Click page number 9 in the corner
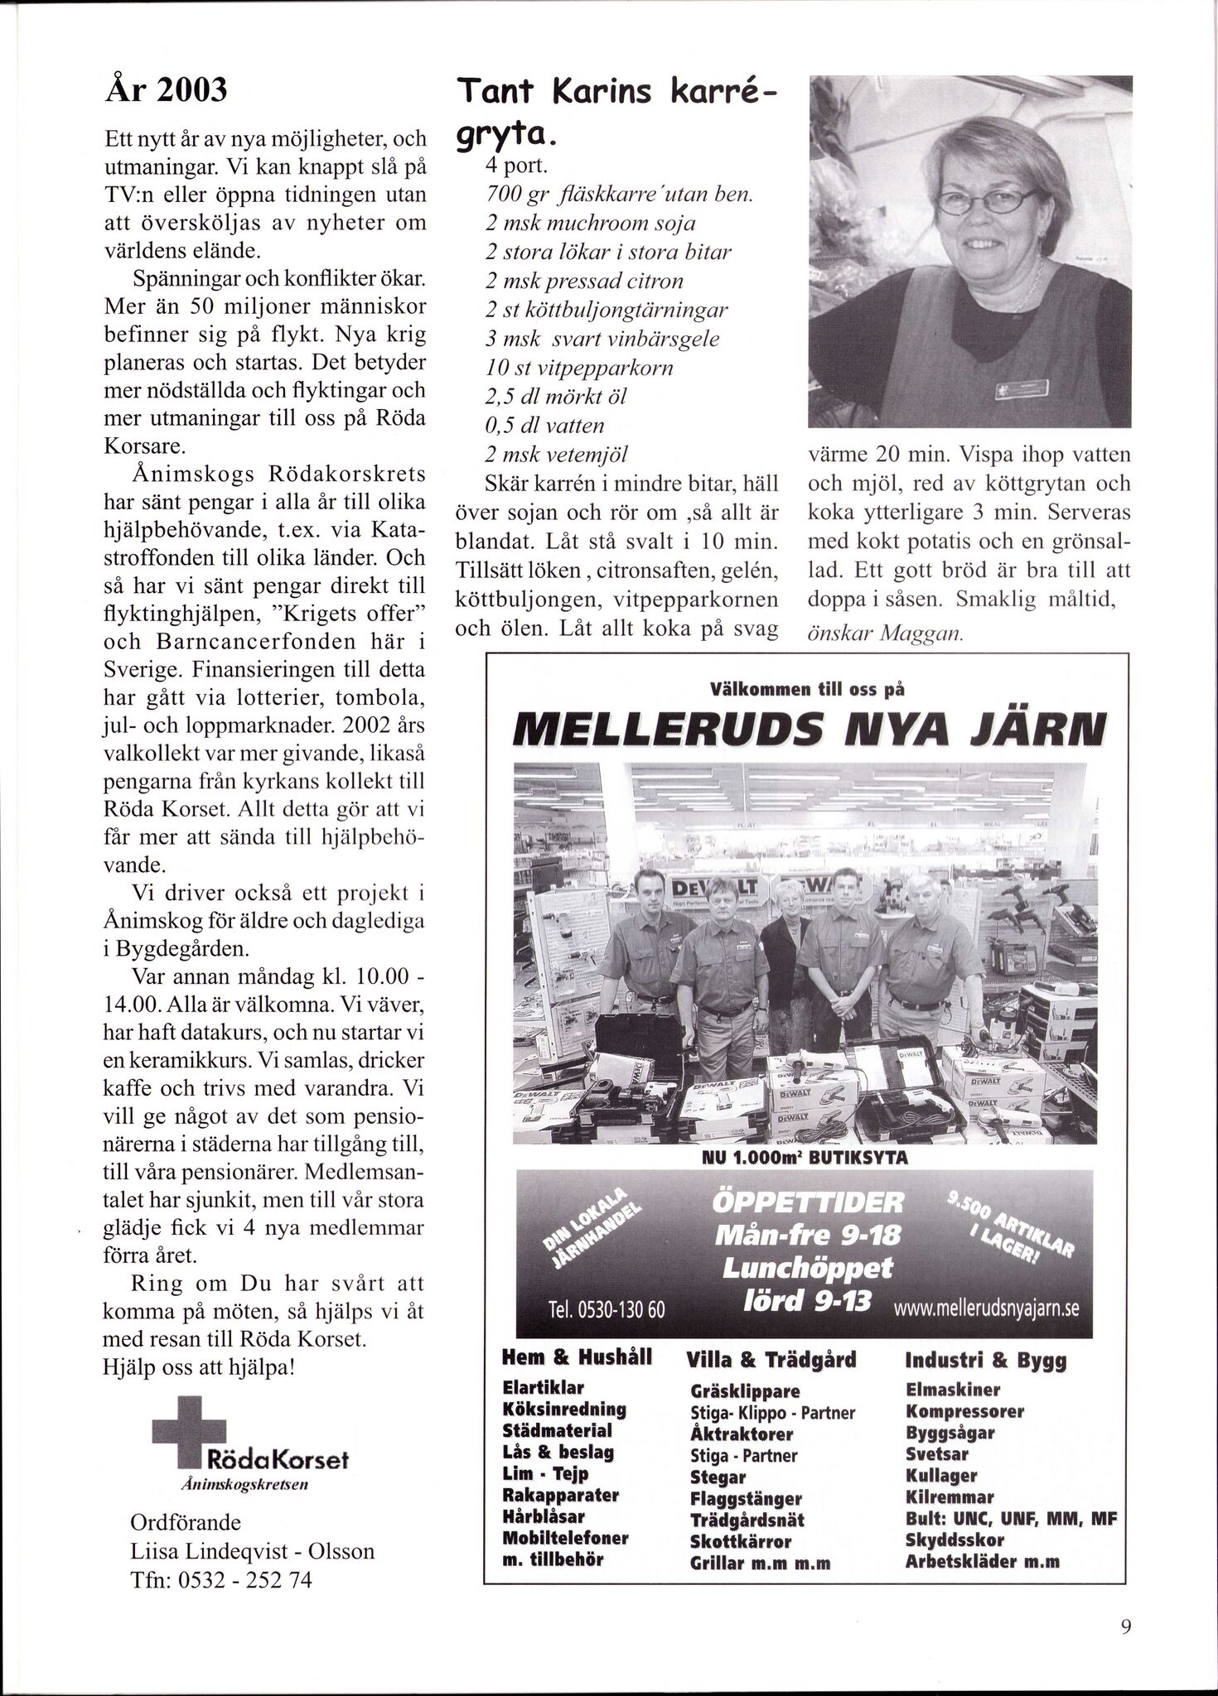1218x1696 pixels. pos(1125,1626)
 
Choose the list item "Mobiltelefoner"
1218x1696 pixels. pos(566,1537)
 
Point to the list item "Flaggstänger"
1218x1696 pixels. pos(746,1498)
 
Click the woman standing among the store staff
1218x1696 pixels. pos(786,923)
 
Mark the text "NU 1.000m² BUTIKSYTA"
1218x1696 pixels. pos(805,1158)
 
